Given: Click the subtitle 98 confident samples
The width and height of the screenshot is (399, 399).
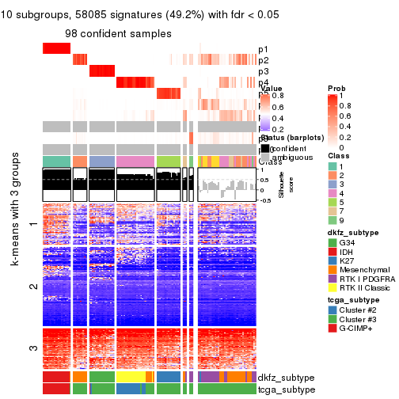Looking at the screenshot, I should (118, 33).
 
